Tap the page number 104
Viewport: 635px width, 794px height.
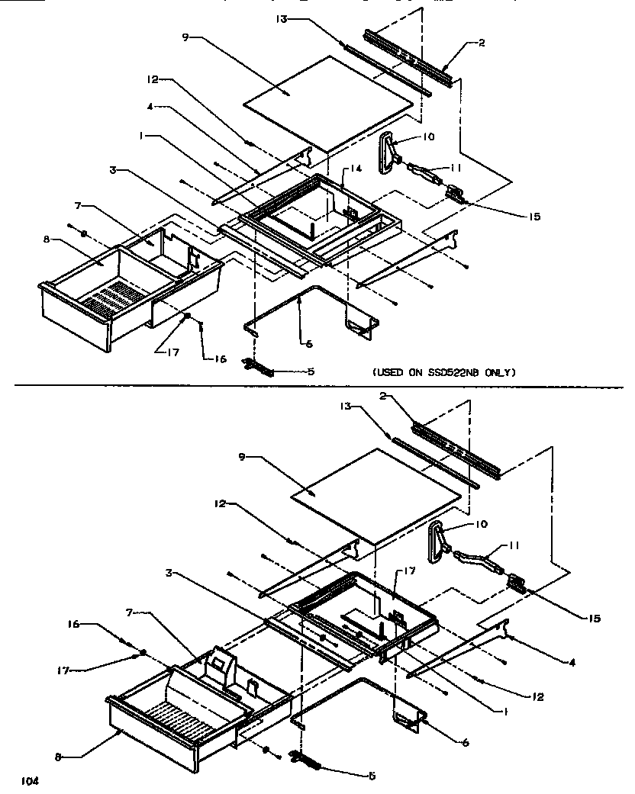(30, 781)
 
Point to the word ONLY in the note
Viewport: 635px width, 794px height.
(502, 373)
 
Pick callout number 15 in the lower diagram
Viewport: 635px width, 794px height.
(594, 619)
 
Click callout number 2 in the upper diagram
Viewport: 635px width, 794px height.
(482, 43)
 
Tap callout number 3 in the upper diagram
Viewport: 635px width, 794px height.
(112, 171)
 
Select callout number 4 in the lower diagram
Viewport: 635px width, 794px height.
(572, 663)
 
